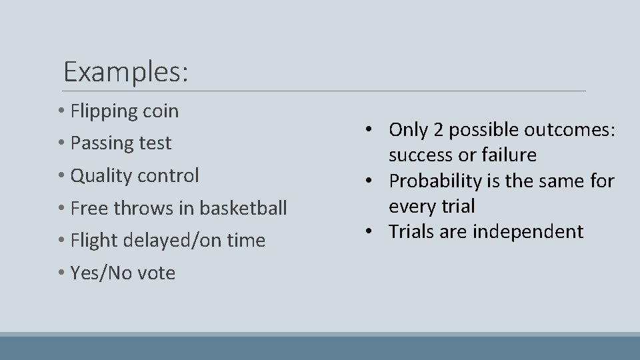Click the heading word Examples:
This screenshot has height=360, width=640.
tap(125, 71)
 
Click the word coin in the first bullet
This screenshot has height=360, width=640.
tap(161, 111)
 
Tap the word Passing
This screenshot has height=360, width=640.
tap(103, 143)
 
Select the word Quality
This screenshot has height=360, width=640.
tap(101, 176)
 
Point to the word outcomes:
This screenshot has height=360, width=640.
tap(569, 129)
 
